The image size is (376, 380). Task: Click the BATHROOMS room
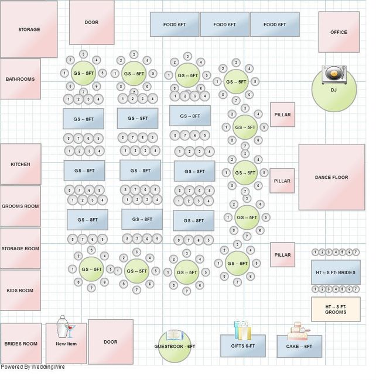[x=20, y=79]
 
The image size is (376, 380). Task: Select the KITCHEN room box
[x=20, y=164]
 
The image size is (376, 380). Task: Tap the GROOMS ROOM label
[x=20, y=206]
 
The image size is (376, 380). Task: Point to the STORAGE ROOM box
[x=20, y=248]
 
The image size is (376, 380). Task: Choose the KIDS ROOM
[x=20, y=291]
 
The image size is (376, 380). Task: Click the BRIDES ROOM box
[x=21, y=344]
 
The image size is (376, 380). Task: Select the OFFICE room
[x=339, y=32]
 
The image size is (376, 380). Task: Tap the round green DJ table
[x=334, y=94]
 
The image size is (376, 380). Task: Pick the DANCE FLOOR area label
[x=331, y=177]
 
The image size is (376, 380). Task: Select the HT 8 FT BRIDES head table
[x=336, y=272]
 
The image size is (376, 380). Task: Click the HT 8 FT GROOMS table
[x=336, y=309]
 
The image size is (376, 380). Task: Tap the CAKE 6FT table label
[x=299, y=347]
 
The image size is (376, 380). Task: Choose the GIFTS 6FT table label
[x=242, y=346]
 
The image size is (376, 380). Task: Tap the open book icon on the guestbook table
[x=175, y=335]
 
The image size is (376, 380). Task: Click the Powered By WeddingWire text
[x=33, y=367]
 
